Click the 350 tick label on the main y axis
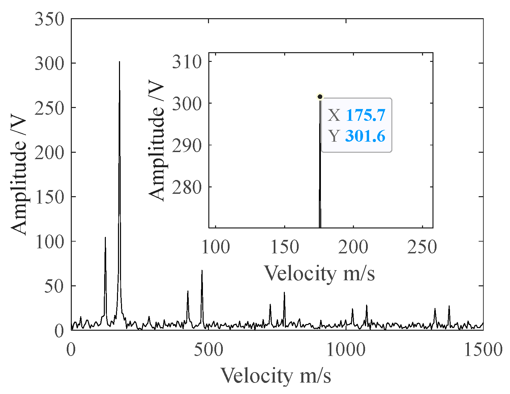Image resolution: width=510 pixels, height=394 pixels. tap(49, 19)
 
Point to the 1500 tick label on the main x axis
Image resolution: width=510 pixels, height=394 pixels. tap(483, 350)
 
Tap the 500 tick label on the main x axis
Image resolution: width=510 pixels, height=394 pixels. tap(208, 350)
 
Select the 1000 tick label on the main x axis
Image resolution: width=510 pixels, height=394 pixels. tap(346, 350)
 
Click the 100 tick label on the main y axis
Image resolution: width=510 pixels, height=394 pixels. tap(49, 242)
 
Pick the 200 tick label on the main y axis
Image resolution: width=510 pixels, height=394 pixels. tap(49, 153)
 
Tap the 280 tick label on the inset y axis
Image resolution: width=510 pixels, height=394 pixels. tap(187, 187)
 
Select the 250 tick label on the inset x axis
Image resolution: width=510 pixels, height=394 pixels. tap(422, 247)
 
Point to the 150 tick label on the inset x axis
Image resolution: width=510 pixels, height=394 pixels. tap(284, 247)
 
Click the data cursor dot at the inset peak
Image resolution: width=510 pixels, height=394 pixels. tap(320, 97)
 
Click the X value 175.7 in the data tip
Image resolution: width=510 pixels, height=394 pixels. tap(365, 115)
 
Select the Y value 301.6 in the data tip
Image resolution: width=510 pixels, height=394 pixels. tap(365, 136)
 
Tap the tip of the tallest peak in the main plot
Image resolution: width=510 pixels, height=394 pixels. tap(119, 62)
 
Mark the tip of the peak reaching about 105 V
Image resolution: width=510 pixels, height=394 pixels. tap(105, 238)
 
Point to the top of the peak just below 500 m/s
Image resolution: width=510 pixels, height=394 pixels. tap(202, 270)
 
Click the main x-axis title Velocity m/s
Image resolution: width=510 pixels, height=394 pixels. tap(276, 375)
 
